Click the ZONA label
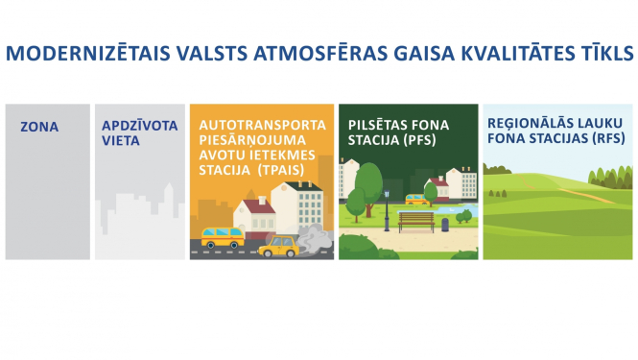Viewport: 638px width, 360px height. coord(39,127)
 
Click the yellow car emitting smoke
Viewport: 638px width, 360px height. coord(277,247)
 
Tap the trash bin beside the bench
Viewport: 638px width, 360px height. coord(444,225)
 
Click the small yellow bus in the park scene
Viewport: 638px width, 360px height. coord(416,200)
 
